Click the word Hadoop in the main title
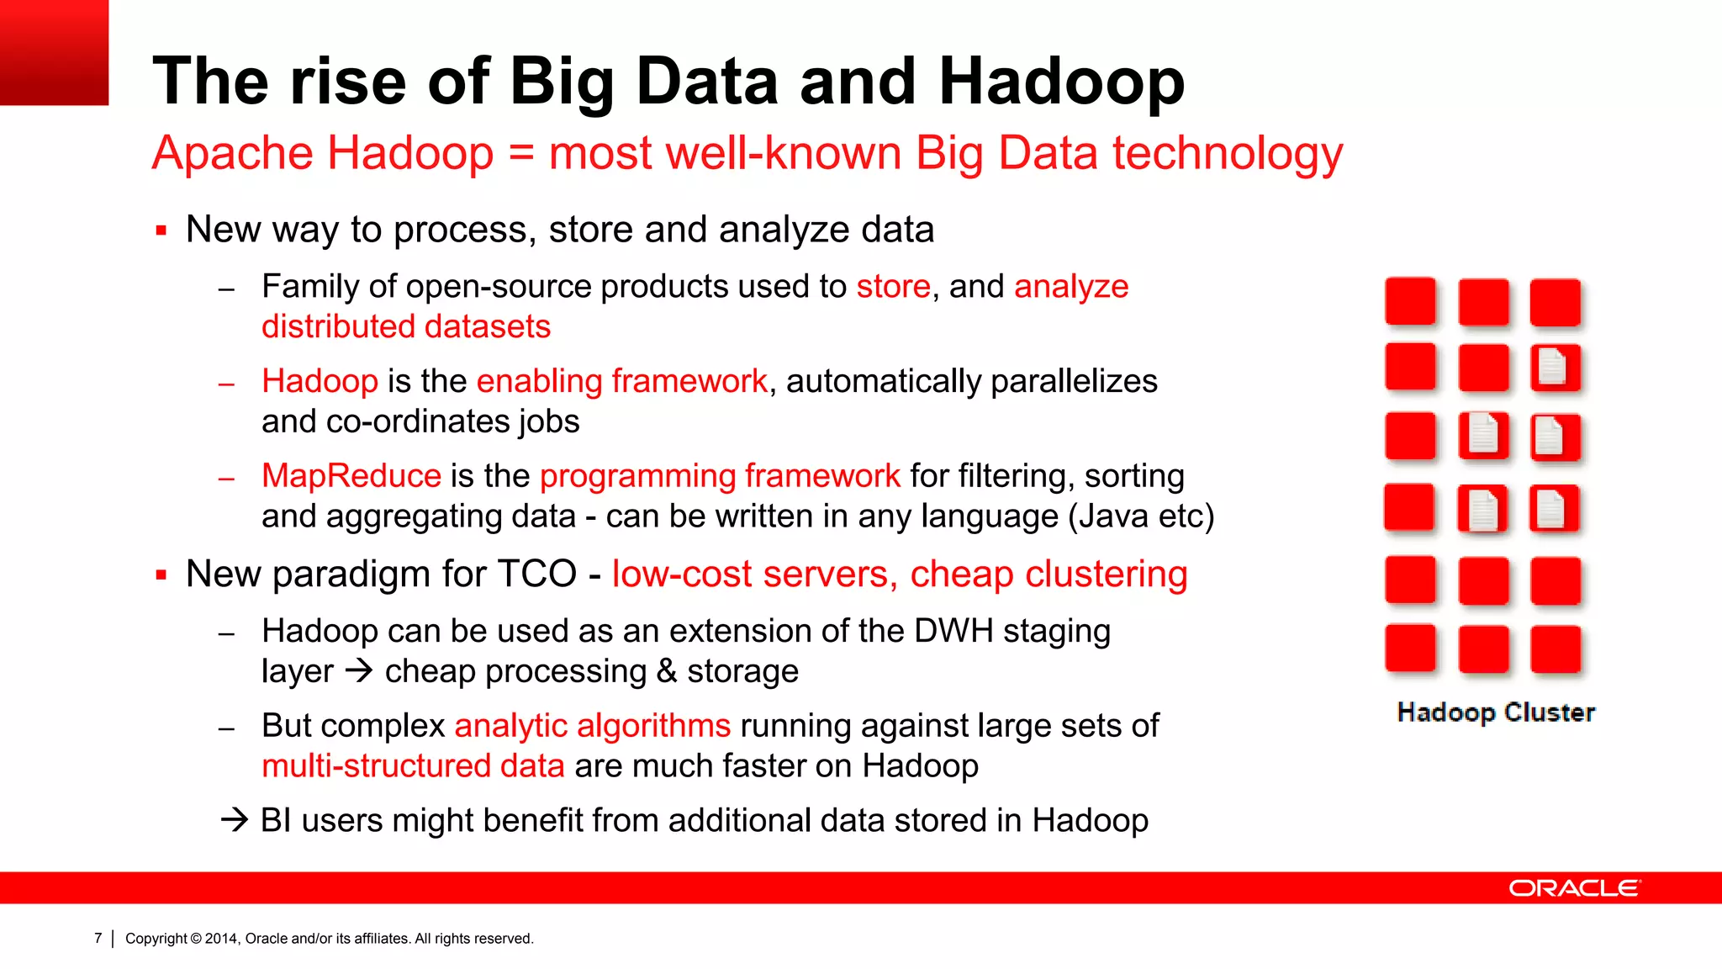click(1061, 82)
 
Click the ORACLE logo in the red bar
click(1573, 888)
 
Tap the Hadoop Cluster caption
click(1496, 712)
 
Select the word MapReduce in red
click(351, 476)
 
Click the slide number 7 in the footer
click(98, 938)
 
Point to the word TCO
click(537, 575)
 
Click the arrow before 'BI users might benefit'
click(235, 820)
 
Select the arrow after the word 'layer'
click(359, 671)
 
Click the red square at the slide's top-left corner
click(54, 52)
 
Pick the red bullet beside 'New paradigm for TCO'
click(161, 575)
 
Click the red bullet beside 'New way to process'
click(161, 230)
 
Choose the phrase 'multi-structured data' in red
click(413, 766)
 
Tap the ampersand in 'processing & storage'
click(667, 671)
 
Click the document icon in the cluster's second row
click(1554, 368)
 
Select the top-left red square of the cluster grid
click(1410, 301)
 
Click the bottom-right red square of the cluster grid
click(1555, 649)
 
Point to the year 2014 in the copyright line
click(222, 939)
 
